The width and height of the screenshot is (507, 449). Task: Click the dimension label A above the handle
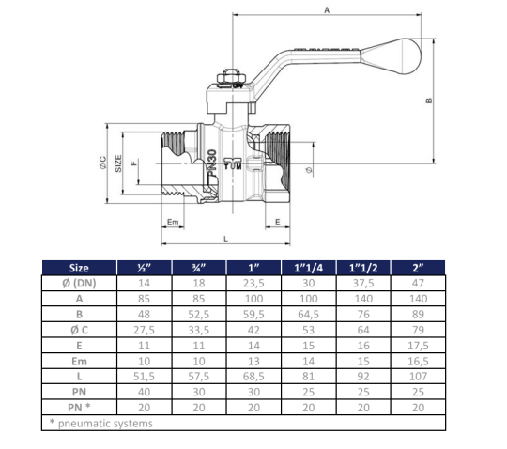pos(327,10)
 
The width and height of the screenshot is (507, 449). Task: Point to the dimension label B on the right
pos(429,101)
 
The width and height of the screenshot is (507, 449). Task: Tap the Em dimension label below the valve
pos(173,223)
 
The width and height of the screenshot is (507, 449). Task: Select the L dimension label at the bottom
pos(225,240)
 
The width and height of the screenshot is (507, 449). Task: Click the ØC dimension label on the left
pos(102,163)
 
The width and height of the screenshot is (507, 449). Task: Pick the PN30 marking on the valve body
pos(212,163)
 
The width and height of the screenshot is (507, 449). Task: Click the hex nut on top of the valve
pos(232,77)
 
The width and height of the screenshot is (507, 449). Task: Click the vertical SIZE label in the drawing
pos(118,163)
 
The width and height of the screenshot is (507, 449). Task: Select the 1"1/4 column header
pos(309,268)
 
